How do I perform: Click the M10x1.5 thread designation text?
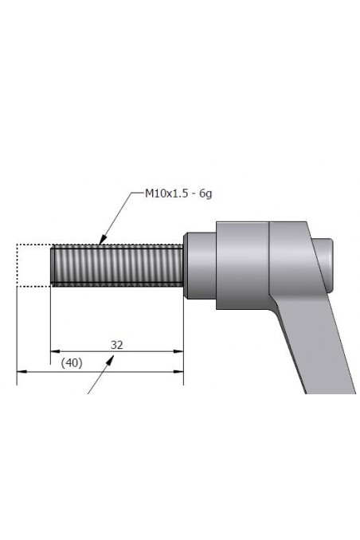[164, 193]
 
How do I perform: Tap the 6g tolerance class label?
[205, 193]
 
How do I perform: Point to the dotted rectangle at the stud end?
[33, 265]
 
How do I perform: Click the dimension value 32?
[116, 344]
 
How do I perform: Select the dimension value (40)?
[72, 362]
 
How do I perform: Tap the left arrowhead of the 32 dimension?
[55, 350]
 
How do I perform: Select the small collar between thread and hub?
[200, 264]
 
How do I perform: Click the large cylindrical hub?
[243, 263]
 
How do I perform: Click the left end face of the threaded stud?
[53, 265]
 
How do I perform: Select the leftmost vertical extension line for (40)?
[17, 335]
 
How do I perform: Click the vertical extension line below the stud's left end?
[50, 319]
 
